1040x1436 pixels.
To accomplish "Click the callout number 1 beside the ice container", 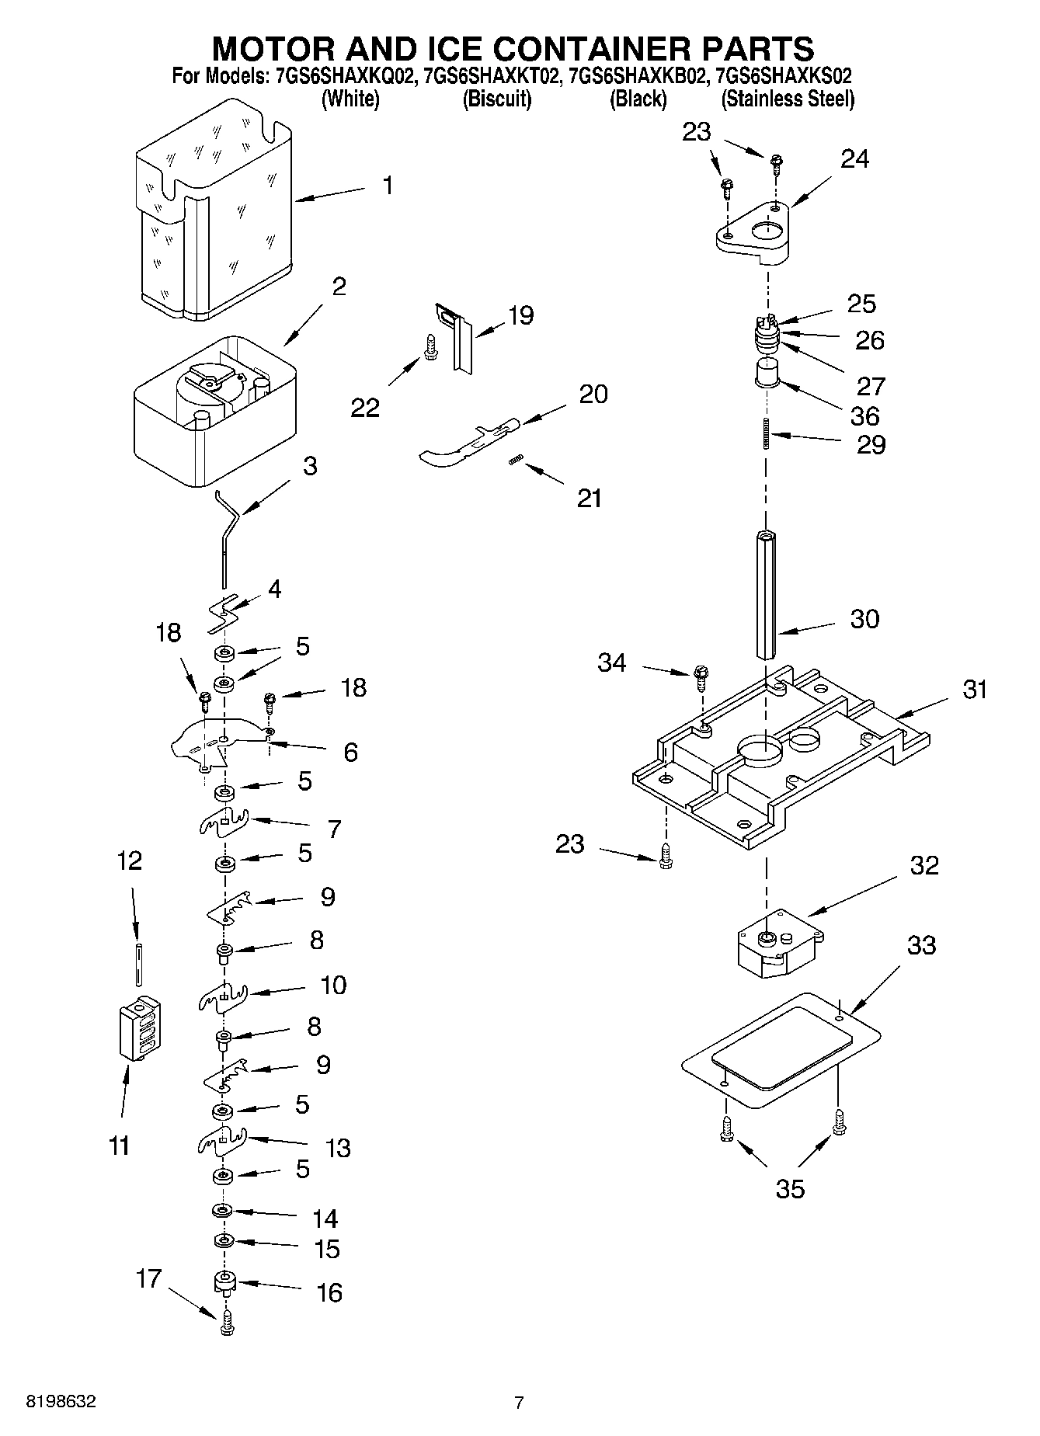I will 388,186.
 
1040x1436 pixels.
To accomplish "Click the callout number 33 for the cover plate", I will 921,945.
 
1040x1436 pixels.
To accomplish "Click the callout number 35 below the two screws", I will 790,1189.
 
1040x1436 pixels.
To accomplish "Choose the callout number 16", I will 329,1292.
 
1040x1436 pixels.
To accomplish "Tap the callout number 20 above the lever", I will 593,394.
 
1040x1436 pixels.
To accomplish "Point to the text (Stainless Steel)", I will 788,99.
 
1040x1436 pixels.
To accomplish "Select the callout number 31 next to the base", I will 974,689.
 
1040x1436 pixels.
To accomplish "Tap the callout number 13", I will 338,1147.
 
